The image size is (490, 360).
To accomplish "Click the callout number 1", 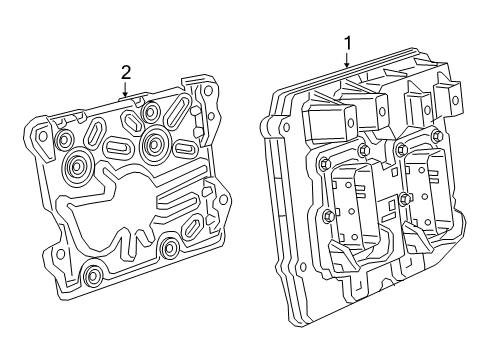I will pos(347,43).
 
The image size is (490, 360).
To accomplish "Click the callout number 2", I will pos(126,71).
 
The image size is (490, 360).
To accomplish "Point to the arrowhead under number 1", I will pos(347,66).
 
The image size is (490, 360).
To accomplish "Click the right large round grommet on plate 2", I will pos(155,144).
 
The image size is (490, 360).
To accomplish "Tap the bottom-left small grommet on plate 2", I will pos(93,273).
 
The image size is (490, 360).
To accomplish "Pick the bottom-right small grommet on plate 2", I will pos(169,246).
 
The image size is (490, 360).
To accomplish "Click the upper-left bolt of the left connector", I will pos(324,162).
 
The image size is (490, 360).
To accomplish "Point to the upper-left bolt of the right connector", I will pos(400,151).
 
